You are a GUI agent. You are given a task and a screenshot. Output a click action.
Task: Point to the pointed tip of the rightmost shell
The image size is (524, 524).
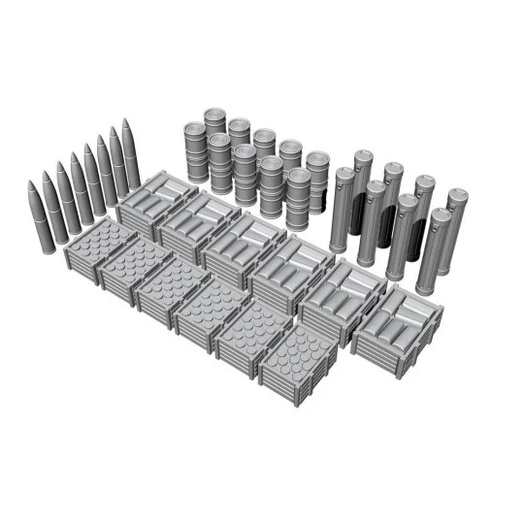click(x=126, y=122)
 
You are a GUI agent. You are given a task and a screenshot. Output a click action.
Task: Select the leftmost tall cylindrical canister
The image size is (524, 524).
click(x=341, y=210)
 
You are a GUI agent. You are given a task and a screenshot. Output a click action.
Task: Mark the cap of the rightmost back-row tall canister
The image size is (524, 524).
click(x=456, y=195)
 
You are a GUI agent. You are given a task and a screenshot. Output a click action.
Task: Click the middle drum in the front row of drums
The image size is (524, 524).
click(x=246, y=174)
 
